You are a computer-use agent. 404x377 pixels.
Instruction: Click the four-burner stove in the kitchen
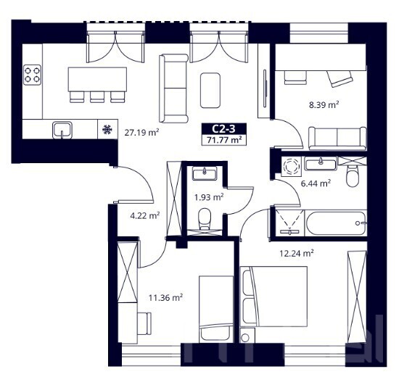point(32,75)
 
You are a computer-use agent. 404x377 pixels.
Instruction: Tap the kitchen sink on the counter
point(62,130)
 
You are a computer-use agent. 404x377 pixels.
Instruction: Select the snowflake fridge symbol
point(107,130)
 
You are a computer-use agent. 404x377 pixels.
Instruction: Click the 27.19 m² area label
point(141,133)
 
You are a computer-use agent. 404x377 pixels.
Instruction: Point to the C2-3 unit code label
point(224,128)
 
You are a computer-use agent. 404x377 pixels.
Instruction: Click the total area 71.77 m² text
point(224,141)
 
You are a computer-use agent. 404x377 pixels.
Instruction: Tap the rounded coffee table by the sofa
point(210,90)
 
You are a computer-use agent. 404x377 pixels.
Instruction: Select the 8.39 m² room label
point(324,105)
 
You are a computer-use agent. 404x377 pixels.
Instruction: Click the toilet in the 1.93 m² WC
point(205,219)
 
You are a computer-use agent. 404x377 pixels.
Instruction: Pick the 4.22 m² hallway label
point(145,215)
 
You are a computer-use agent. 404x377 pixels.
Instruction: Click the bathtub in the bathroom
point(336,223)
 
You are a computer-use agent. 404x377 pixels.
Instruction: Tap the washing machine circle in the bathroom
point(292,166)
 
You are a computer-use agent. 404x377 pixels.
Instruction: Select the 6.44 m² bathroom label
point(316,183)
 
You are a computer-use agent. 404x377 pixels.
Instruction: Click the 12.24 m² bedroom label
point(297,253)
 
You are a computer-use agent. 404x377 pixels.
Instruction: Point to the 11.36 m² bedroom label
point(165,298)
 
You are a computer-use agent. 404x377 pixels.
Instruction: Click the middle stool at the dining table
point(97,97)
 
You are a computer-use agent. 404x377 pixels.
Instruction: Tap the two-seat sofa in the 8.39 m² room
point(337,138)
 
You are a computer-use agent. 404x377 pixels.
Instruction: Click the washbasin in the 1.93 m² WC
point(205,173)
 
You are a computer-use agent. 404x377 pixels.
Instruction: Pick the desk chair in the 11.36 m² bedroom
point(144,323)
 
